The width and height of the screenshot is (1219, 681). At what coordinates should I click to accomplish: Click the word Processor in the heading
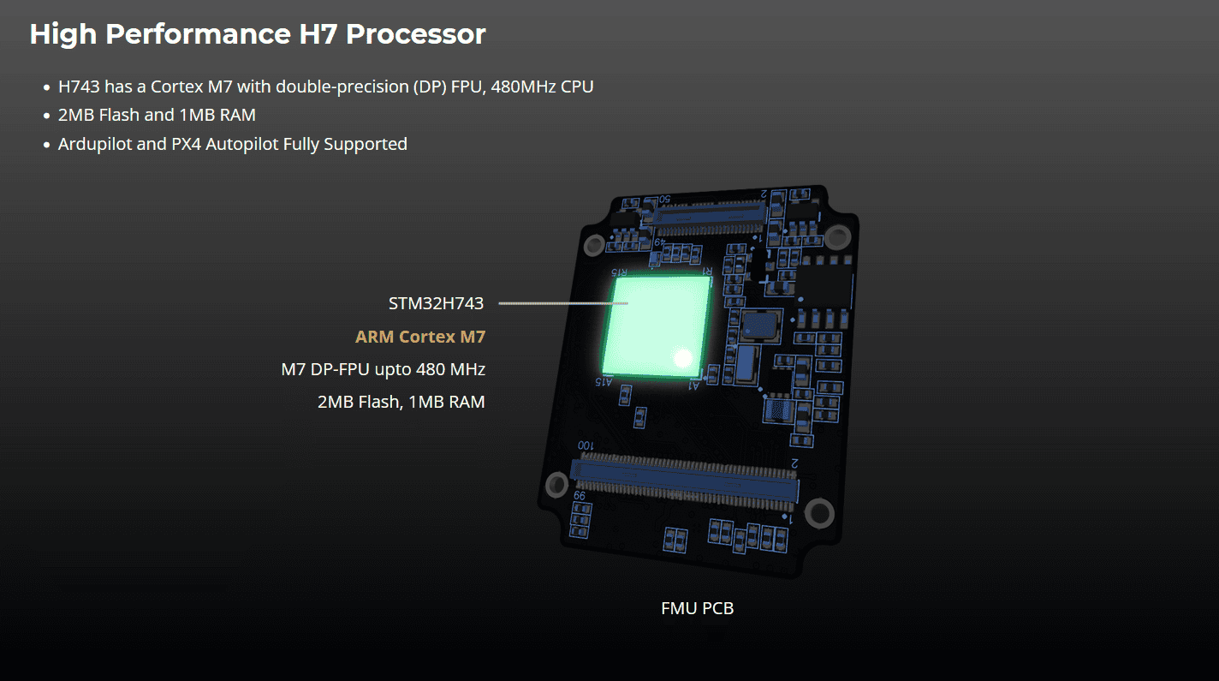pos(415,33)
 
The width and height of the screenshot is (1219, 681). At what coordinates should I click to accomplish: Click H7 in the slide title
pos(318,33)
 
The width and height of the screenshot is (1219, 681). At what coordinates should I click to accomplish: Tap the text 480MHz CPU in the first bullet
pos(542,86)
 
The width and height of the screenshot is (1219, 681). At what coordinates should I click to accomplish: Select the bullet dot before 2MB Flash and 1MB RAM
pos(47,116)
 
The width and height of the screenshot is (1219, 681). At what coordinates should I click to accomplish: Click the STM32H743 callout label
pos(436,303)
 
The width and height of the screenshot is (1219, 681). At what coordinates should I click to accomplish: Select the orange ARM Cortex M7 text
pos(420,337)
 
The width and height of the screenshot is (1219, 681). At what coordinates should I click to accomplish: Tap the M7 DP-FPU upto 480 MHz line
pos(384,369)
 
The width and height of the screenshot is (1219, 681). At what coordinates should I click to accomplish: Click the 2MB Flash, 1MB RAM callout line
pos(401,402)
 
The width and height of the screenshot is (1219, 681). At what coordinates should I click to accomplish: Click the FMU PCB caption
pos(697,608)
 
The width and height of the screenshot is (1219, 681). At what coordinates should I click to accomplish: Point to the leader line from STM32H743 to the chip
pos(563,303)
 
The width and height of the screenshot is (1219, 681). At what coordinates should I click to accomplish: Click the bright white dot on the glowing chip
pos(683,358)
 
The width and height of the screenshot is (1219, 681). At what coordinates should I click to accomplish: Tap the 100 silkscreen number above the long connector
pos(586,445)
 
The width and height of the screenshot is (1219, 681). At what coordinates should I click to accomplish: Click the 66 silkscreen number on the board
pos(579,495)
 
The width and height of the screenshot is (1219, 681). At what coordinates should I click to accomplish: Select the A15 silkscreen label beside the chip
pos(604,381)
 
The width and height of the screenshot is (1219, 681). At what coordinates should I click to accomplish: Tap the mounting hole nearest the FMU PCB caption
pos(819,513)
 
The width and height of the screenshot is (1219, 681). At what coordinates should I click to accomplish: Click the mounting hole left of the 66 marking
pos(556,485)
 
